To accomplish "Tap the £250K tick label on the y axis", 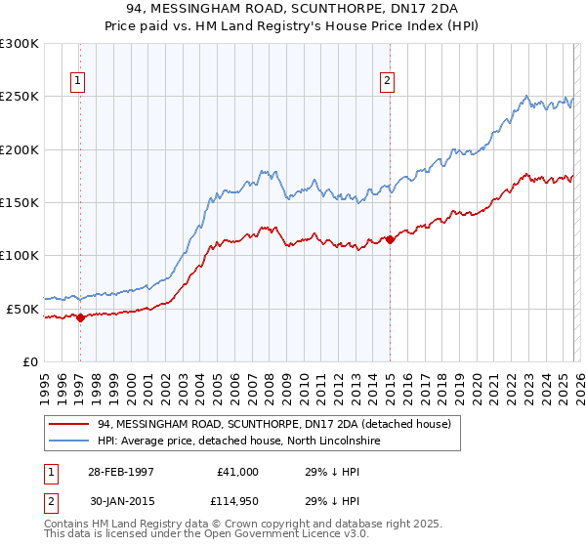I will (x=20, y=97).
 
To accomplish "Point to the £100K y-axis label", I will (x=20, y=256).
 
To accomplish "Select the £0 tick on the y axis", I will (x=30, y=361).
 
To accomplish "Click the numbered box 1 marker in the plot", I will (x=77, y=81).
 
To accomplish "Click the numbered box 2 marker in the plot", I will (x=388, y=81).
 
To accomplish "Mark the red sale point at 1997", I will (x=81, y=317).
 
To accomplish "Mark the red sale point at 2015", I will (x=390, y=239).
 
